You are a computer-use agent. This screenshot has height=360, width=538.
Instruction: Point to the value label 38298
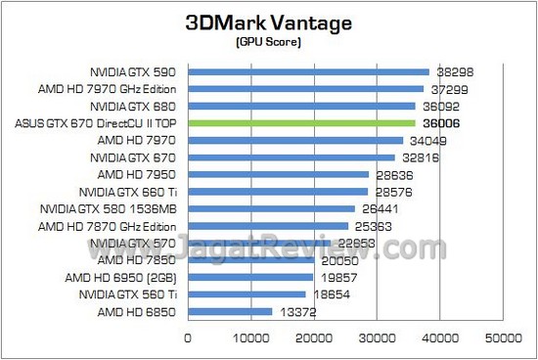tap(455, 71)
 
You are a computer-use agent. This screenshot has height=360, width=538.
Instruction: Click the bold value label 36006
tap(441, 123)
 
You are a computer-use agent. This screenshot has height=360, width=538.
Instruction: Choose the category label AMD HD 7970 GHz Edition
tap(115, 89)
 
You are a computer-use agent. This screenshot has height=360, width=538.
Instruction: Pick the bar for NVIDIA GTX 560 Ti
tap(247, 294)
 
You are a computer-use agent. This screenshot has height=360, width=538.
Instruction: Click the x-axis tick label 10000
tap(250, 338)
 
